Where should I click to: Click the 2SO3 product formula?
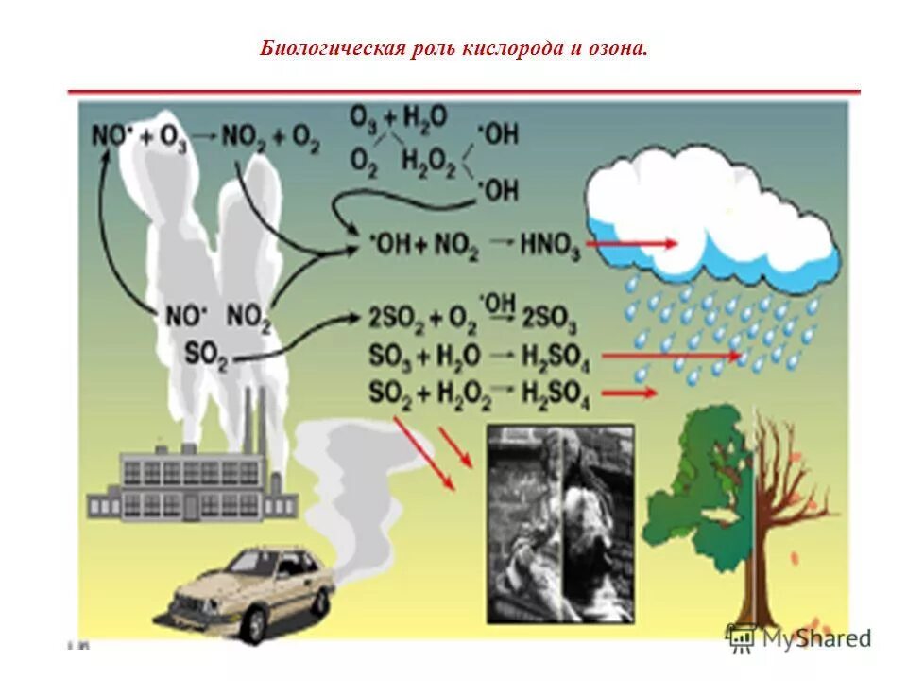(x=550, y=321)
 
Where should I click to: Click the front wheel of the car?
(x=253, y=624)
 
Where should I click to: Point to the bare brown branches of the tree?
(x=784, y=482)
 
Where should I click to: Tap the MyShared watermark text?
(x=813, y=638)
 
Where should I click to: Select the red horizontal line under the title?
(x=463, y=92)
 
